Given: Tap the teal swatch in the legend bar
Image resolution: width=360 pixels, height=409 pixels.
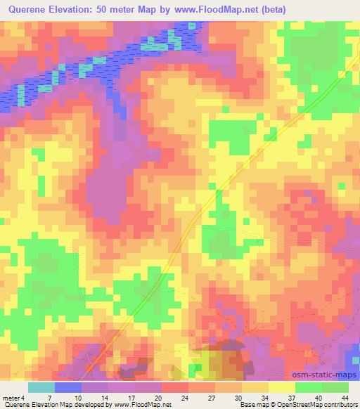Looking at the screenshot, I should [41, 387].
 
